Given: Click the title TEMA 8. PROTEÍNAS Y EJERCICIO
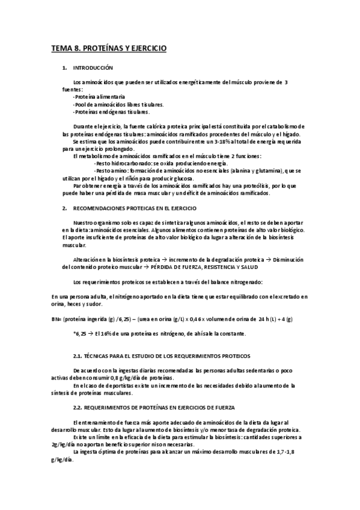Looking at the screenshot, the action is point(108,47).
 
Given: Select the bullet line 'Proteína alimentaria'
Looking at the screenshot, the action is point(100,96).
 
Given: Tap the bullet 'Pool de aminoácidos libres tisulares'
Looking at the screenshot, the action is point(111,103).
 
